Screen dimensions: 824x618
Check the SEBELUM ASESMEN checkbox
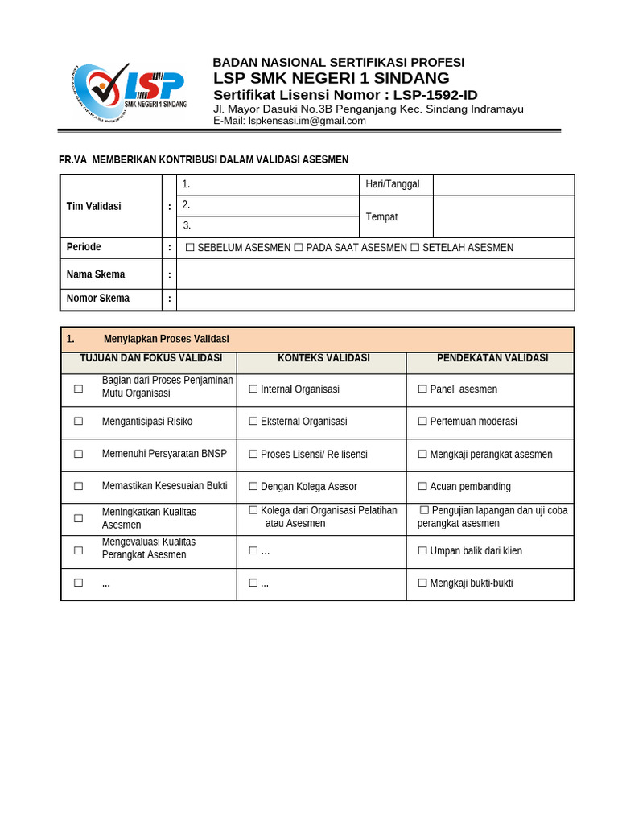[x=190, y=248]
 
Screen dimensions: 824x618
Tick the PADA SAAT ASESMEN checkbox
[x=299, y=248]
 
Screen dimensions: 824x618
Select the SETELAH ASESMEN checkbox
[x=415, y=248]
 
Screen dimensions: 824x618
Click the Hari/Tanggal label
[x=393, y=184]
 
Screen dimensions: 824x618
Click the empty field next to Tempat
[x=503, y=217]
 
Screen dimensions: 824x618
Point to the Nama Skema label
[x=96, y=274]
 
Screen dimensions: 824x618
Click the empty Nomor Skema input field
[x=375, y=299]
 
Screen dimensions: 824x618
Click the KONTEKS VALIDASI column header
[x=323, y=358]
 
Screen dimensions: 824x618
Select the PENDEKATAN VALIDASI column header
[x=492, y=358]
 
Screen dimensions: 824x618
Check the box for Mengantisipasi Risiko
[x=79, y=421]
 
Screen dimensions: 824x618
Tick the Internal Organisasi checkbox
[x=253, y=389]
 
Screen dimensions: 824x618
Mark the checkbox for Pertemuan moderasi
[x=422, y=422]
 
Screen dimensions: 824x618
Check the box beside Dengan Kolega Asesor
[x=253, y=486]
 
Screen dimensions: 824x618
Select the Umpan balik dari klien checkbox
[x=422, y=551]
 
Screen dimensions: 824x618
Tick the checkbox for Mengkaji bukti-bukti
[x=422, y=583]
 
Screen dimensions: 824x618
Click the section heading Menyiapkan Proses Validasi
[x=167, y=339]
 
